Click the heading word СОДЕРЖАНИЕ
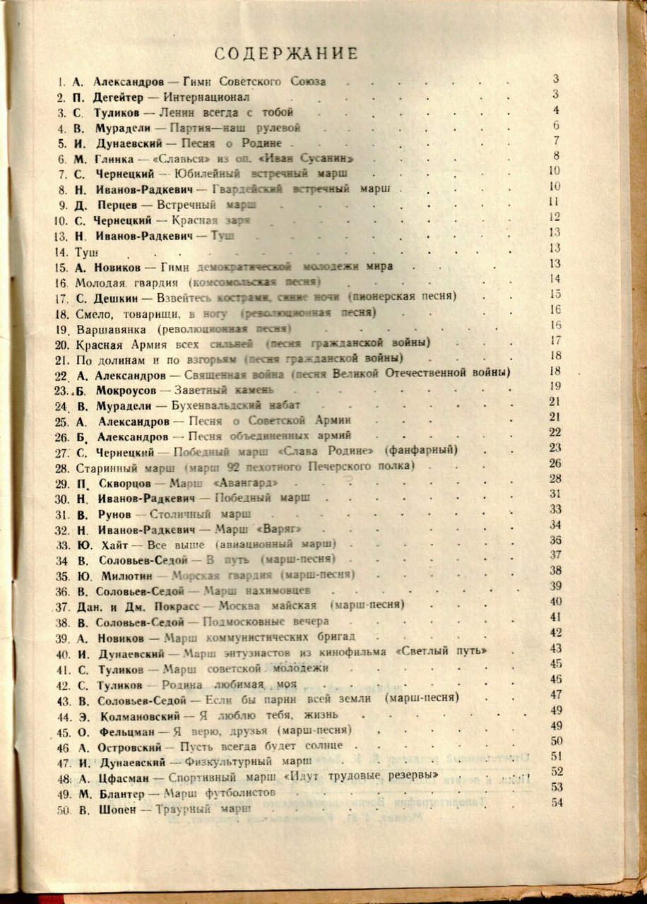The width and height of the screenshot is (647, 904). coord(286,54)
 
